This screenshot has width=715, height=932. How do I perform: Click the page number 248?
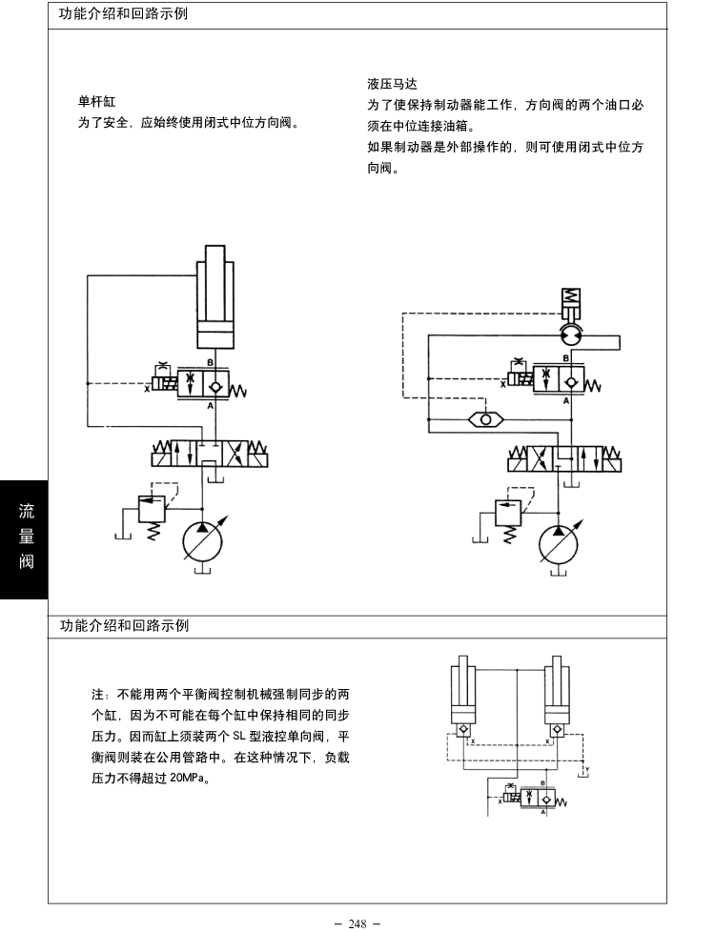(357, 923)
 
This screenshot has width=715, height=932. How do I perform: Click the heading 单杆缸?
(96, 100)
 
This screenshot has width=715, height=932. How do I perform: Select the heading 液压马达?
(392, 84)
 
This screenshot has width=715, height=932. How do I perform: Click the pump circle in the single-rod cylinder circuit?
(203, 540)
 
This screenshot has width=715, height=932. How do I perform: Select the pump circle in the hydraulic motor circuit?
(559, 543)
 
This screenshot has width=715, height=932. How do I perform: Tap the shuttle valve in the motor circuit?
(487, 418)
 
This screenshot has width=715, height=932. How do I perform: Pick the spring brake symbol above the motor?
(569, 304)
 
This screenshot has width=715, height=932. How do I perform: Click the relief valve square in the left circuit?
(152, 508)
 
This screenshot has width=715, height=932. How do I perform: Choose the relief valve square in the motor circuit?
(508, 511)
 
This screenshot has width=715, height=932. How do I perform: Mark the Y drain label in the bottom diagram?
(587, 768)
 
